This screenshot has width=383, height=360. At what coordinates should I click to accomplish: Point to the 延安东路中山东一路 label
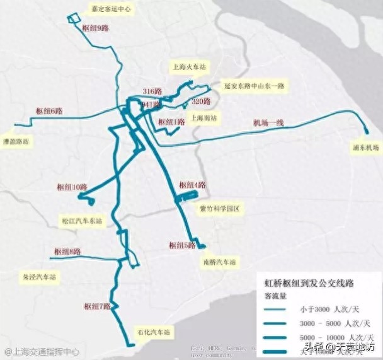point(254,84)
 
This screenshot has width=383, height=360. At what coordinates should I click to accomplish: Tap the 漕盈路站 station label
point(16,142)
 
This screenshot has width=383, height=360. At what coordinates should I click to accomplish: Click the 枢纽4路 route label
point(192,185)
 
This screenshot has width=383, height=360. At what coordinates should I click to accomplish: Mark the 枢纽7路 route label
point(97,306)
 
